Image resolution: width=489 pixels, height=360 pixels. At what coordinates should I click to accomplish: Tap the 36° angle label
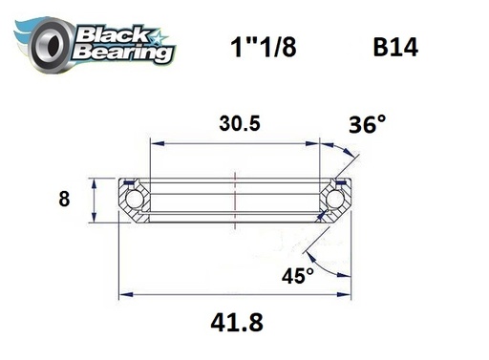tap(369, 124)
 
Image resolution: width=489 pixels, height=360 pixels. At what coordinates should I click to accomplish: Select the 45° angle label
tap(297, 276)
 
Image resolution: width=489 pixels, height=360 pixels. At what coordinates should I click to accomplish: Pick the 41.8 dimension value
tap(234, 323)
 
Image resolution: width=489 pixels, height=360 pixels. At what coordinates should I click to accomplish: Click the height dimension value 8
tap(65, 200)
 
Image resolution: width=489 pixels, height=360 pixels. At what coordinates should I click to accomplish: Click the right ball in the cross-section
tap(335, 199)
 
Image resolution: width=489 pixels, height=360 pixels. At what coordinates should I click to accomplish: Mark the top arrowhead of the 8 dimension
tap(93, 180)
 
